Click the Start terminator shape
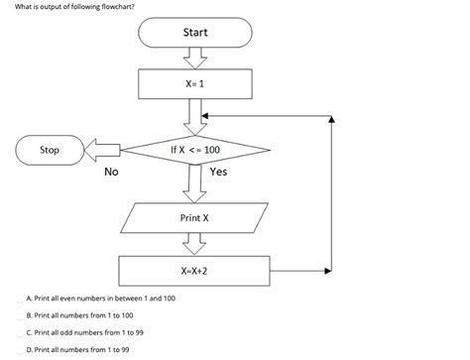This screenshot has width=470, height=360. tap(194, 34)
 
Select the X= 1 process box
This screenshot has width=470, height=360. tap(194, 84)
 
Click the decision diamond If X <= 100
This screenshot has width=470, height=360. tap(194, 150)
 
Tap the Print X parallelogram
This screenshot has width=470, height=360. tap(194, 216)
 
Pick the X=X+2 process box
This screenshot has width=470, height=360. tap(194, 269)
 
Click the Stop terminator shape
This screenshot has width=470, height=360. tap(49, 150)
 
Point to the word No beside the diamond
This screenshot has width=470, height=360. tap(111, 172)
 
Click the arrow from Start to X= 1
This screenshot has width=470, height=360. tap(194, 59)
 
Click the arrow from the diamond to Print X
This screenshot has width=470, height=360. tap(194, 183)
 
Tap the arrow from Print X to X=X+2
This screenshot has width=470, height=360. tap(194, 243)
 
